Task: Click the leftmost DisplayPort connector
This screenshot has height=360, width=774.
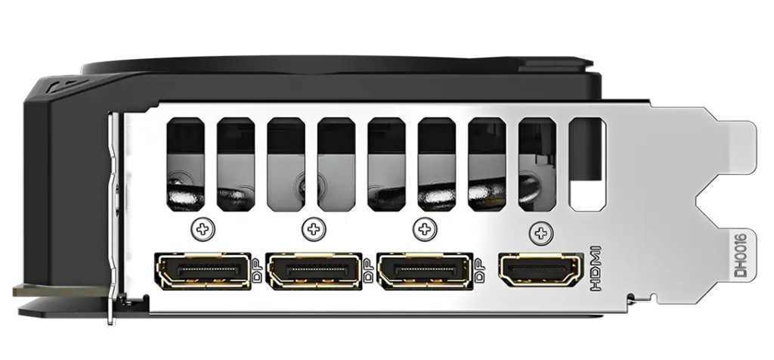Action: click(203, 271)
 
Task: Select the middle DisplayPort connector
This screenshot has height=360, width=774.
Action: click(314, 271)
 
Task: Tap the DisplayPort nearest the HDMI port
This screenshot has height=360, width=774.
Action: click(426, 271)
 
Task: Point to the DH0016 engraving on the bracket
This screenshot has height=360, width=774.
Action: click(741, 256)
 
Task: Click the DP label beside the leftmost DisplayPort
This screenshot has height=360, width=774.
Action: click(257, 271)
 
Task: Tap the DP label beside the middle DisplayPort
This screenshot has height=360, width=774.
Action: click(368, 271)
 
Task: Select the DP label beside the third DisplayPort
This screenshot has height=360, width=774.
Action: click(479, 271)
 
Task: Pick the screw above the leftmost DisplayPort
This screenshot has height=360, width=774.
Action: click(203, 228)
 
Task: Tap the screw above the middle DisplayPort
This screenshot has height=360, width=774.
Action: click(314, 228)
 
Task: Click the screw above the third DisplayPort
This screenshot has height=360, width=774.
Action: click(425, 228)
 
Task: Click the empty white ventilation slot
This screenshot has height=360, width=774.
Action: click(587, 164)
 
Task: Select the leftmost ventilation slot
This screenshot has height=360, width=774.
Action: click(186, 164)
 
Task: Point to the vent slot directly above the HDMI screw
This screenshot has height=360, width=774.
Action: click(537, 164)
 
